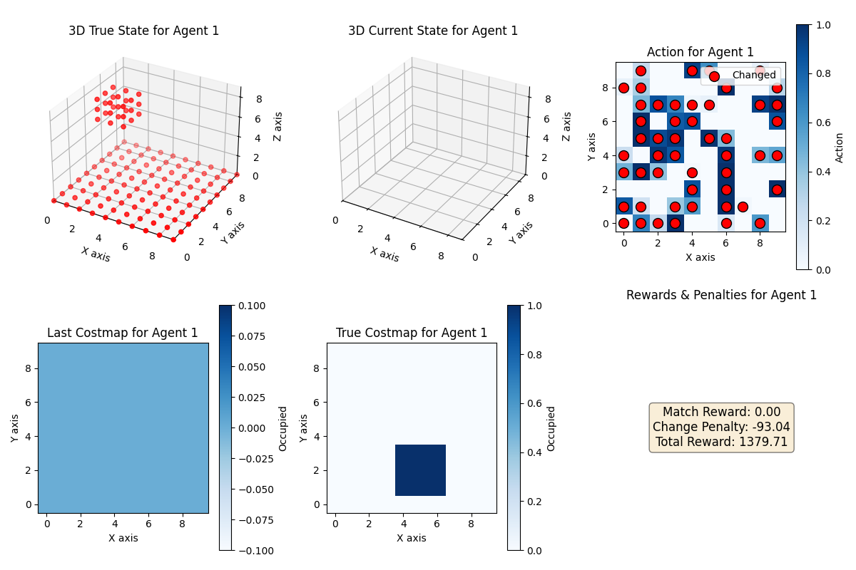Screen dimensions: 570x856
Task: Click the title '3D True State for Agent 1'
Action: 143,31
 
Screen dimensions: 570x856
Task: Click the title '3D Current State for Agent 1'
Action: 433,31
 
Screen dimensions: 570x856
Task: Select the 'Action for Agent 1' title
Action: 700,52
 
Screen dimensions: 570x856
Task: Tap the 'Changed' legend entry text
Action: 753,75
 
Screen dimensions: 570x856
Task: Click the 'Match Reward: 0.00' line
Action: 721,412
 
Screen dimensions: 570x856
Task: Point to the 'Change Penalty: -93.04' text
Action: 721,427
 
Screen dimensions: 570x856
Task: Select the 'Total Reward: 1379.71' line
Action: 721,442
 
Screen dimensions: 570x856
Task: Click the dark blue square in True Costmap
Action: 420,470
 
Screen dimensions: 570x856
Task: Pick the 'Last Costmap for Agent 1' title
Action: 123,333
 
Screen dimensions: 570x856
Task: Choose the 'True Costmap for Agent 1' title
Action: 412,333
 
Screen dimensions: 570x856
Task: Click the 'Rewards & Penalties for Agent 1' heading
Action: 721,295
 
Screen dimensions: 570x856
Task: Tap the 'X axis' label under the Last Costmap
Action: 123,538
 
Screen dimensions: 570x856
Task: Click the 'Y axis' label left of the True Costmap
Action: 302,427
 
